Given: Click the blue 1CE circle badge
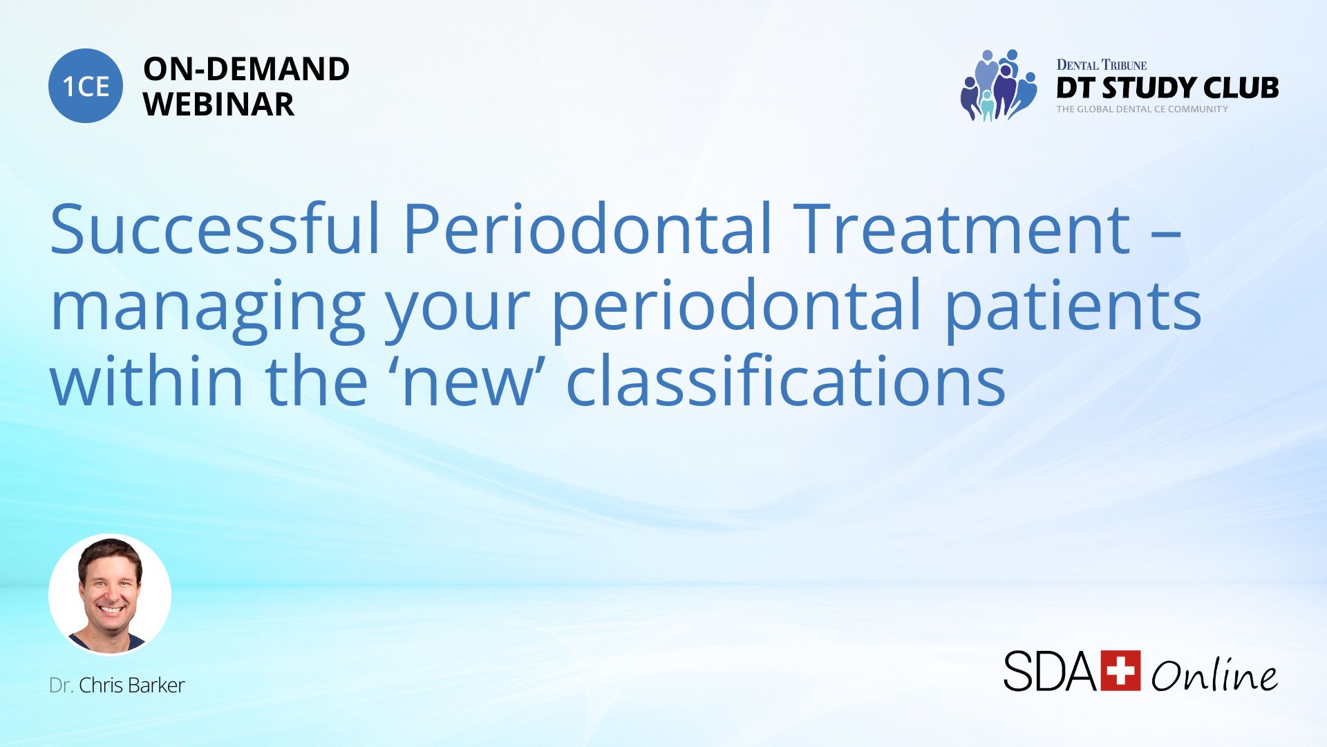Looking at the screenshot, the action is (86, 86).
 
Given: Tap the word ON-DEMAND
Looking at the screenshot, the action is (246, 69).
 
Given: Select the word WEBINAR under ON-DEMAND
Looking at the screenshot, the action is (218, 104).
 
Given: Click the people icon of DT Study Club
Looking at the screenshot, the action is (999, 86).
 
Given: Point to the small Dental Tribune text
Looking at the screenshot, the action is (1102, 65).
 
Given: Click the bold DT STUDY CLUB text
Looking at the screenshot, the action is (1167, 88).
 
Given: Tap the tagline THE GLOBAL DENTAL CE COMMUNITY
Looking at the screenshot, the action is (1142, 109).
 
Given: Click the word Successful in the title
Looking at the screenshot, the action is (215, 228).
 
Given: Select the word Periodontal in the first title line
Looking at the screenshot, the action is (587, 228).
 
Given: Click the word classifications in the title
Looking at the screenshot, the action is (786, 380).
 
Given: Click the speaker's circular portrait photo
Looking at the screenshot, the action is (110, 595).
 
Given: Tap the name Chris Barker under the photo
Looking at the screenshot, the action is (131, 685).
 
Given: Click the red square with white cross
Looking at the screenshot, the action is (1120, 670).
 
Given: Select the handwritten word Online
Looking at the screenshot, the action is (1214, 674).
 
